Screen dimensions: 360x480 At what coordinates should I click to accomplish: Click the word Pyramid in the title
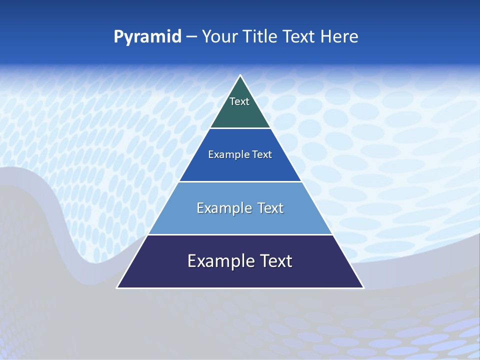[x=147, y=36]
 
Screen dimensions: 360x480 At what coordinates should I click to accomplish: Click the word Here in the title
[x=339, y=36]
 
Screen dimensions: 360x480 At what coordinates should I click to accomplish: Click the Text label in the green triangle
[x=239, y=101]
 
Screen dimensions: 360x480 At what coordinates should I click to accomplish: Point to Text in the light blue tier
[x=270, y=208]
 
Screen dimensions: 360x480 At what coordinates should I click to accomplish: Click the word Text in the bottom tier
[x=275, y=261]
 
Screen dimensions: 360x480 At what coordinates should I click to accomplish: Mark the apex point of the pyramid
[x=240, y=75]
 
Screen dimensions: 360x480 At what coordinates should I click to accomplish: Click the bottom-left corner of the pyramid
[x=117, y=287]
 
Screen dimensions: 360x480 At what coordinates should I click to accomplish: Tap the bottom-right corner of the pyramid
[x=363, y=287]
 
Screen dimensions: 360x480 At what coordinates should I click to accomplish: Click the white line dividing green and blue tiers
[x=240, y=128]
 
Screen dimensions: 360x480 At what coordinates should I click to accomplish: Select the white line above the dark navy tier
[x=240, y=234]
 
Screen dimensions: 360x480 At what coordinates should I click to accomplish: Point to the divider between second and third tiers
[x=240, y=181]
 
